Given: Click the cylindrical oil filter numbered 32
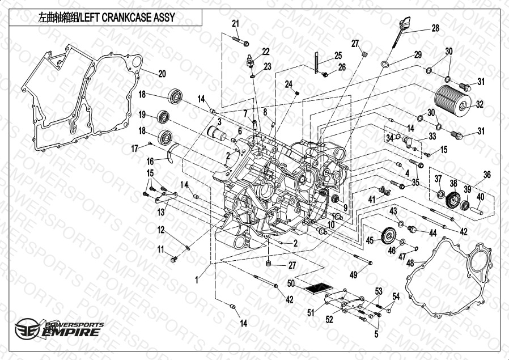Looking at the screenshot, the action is [x=452, y=101].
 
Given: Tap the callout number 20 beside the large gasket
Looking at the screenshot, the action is [x=162, y=74].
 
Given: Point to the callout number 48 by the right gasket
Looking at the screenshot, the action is [x=410, y=262].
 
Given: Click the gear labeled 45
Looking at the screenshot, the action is [x=389, y=235].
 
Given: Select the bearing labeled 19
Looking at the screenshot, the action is [x=163, y=117].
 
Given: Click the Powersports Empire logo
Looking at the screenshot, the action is [x=59, y=329].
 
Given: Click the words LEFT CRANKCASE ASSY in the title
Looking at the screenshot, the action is [x=128, y=17].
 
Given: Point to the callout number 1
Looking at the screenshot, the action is [x=197, y=280].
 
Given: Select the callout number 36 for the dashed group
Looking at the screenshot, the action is [x=487, y=175].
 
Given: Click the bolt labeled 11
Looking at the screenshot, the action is [x=174, y=259].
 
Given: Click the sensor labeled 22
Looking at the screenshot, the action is [x=250, y=61].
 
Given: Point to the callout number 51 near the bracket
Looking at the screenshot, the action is [x=311, y=312].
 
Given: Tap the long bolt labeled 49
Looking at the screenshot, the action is [x=363, y=259].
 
